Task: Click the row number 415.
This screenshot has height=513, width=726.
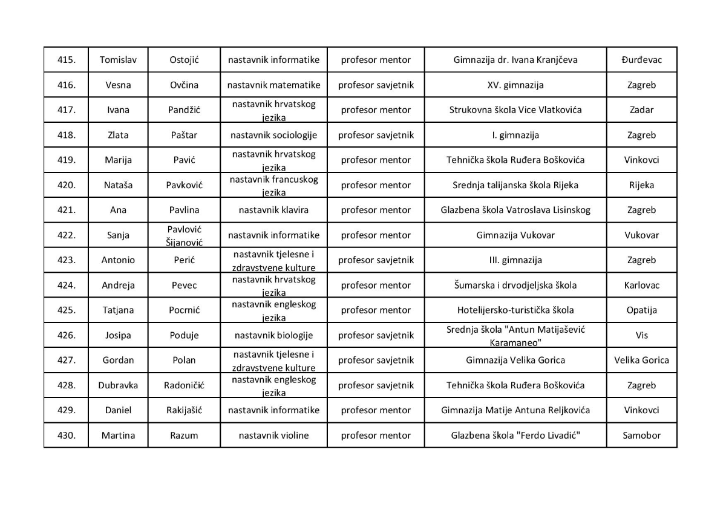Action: point(66,60)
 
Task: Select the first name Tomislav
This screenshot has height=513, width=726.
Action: point(118,60)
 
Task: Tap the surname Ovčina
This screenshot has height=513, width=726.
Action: point(184,85)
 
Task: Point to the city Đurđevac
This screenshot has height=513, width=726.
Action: point(641,60)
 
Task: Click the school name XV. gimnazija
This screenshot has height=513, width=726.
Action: point(515,85)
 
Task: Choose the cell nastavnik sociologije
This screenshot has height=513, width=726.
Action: point(273,135)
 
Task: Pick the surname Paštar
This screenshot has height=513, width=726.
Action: point(184,135)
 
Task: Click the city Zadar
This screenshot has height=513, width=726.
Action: point(641,110)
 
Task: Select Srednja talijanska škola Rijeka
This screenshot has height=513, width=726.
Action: point(515,185)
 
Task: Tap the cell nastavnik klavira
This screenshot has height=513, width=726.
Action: point(273,210)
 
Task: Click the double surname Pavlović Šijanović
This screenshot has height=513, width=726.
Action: point(184,235)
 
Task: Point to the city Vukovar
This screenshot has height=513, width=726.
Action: point(641,235)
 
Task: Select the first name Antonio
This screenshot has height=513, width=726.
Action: point(118,260)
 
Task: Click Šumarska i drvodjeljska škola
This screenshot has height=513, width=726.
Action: point(515,285)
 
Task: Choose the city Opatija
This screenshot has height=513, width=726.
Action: point(641,310)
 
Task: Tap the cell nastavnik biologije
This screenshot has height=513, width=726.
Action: point(273,335)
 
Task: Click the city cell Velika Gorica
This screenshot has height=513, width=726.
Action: point(641,360)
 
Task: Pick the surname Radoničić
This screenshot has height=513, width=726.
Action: point(184,385)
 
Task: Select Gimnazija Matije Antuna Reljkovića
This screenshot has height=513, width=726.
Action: point(515,410)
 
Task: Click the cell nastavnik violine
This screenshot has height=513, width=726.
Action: point(273,435)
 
